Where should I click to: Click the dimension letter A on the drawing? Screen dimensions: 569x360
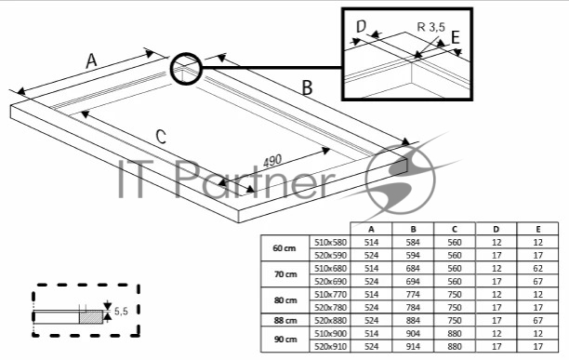coord(92,60)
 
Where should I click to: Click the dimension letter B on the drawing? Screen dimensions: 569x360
coord(308,87)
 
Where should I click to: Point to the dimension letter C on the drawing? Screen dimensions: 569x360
coord(161,137)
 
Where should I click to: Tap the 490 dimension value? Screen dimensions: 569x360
coord(272,161)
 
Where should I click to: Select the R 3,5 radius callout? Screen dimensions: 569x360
coord(431,27)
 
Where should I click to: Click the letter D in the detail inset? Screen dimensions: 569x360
coord(361,26)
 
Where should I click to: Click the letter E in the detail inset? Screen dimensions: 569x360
coord(456,37)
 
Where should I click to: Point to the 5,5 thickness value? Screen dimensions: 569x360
coord(121,311)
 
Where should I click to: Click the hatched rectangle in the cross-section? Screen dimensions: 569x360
coord(91,317)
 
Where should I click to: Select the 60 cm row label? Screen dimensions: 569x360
coord(284,248)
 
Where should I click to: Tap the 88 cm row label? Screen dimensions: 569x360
coord(285,320)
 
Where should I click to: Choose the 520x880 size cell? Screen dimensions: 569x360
coord(331,320)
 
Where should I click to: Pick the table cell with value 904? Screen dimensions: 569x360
coord(413,334)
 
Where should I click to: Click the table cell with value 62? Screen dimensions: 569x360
coord(537,268)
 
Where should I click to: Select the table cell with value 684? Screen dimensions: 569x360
coord(413,268)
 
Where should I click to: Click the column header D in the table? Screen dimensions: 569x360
coord(496,229)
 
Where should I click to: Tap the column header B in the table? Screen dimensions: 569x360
coord(413,229)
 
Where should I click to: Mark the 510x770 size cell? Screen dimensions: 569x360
coord(331,294)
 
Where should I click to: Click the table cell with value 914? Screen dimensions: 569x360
coord(413,347)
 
